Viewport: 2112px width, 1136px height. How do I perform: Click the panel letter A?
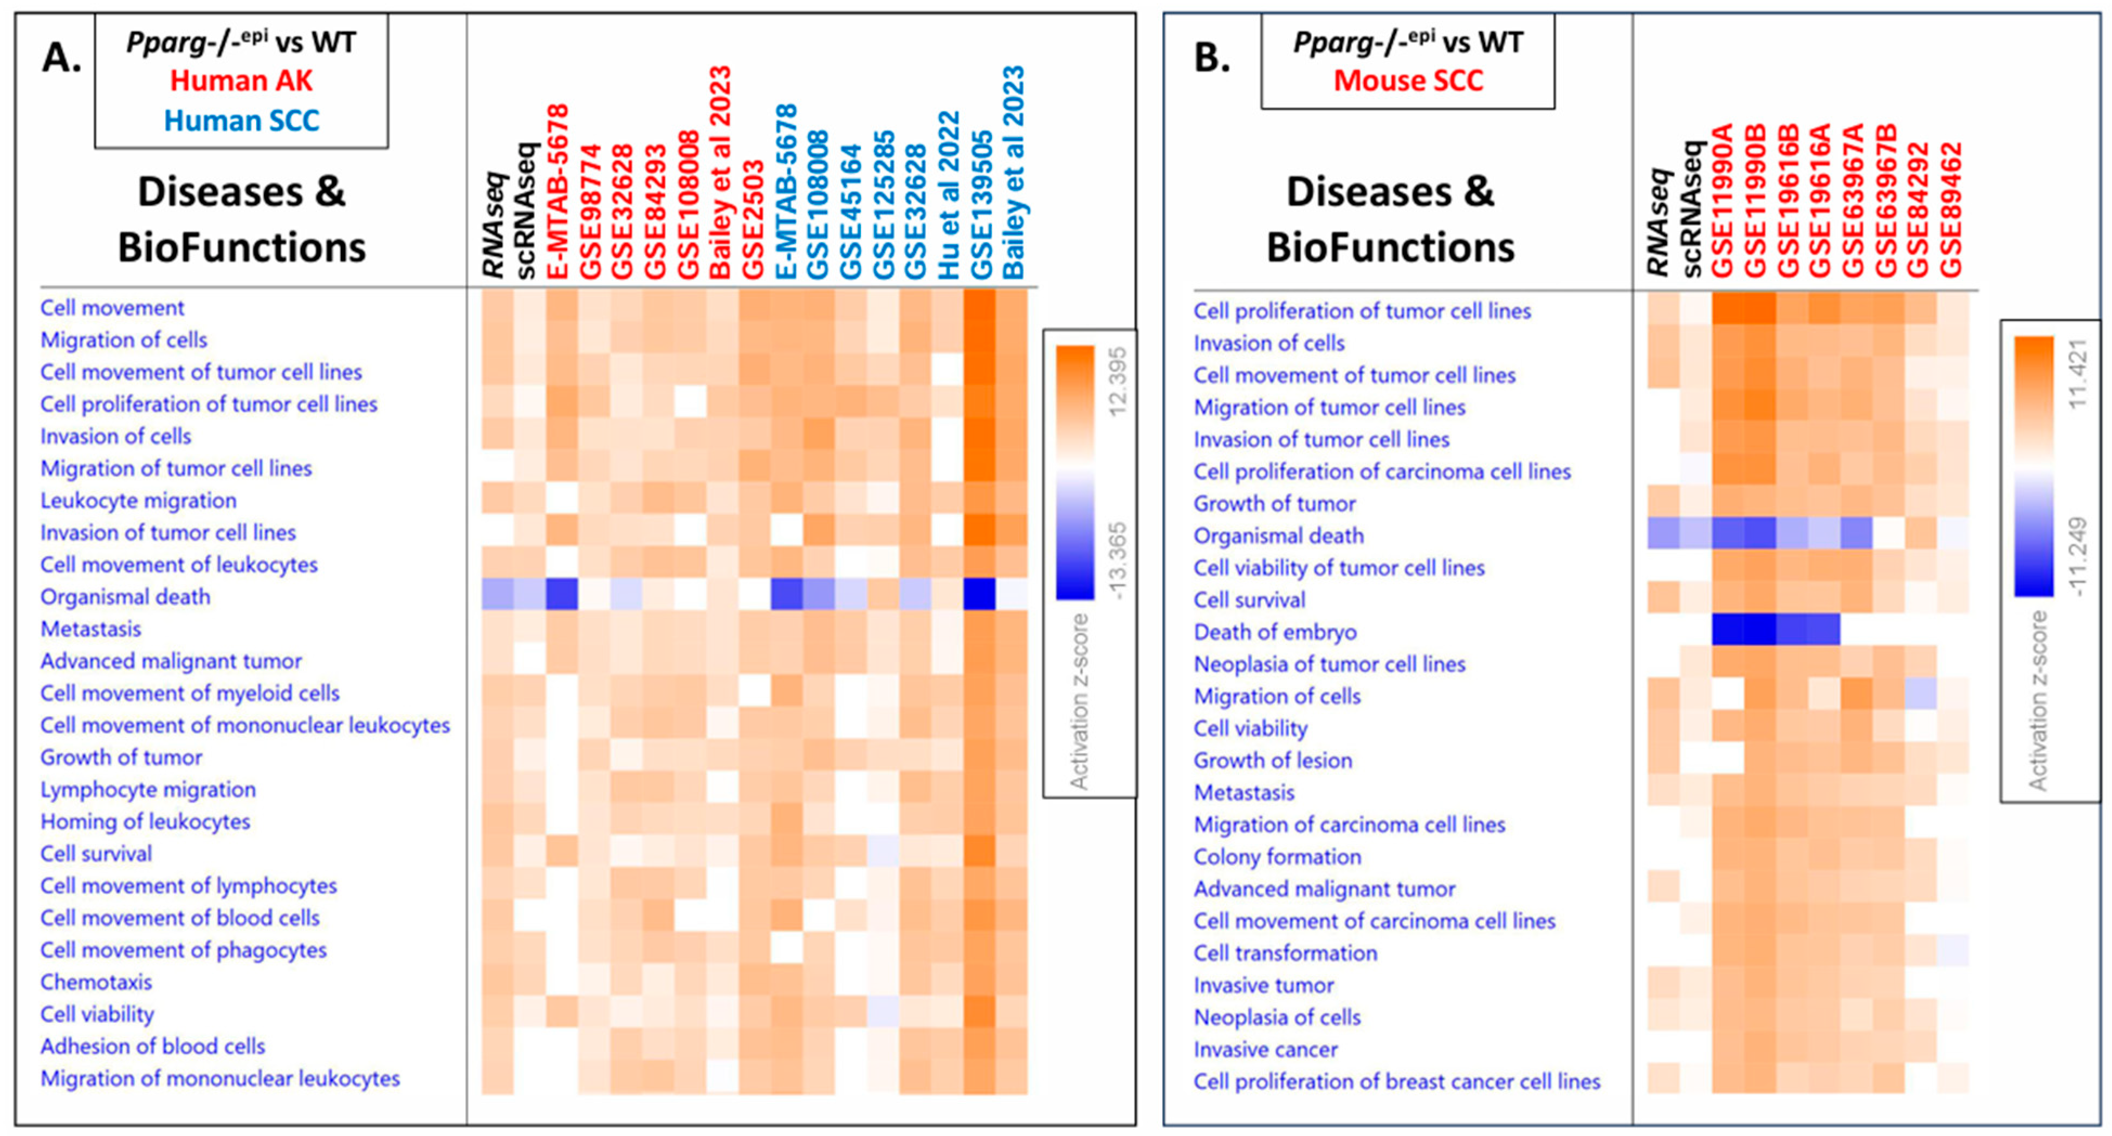coord(61,57)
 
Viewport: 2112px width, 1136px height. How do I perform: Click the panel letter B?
coord(1212,57)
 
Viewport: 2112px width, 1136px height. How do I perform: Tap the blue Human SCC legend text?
coord(241,121)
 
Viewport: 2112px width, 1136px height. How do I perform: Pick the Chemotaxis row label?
coord(96,982)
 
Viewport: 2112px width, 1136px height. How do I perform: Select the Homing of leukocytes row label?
coord(145,821)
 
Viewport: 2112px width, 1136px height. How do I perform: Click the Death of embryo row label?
coord(1275,632)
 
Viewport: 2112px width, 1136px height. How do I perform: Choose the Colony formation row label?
coord(1278,857)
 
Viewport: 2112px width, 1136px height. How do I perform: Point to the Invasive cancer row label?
coord(1265,1050)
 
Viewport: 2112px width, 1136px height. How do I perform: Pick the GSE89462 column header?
coord(1951,210)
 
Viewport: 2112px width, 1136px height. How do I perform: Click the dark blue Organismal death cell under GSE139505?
coord(980,594)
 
